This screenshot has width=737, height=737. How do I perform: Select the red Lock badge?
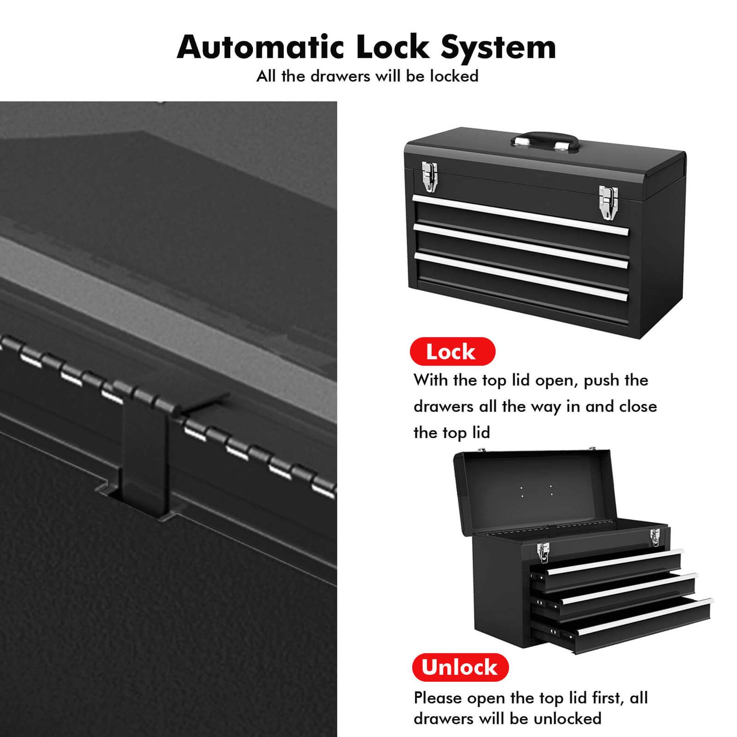pyautogui.click(x=452, y=351)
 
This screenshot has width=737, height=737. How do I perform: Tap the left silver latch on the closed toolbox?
pyautogui.click(x=429, y=175)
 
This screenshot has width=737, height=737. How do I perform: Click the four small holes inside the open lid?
pyautogui.click(x=536, y=490)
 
